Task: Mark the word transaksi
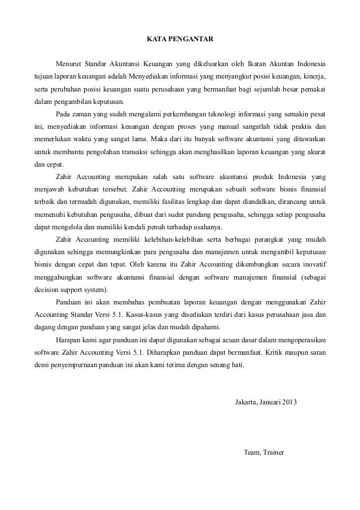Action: pos(133,152)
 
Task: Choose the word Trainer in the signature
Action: pos(275,452)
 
